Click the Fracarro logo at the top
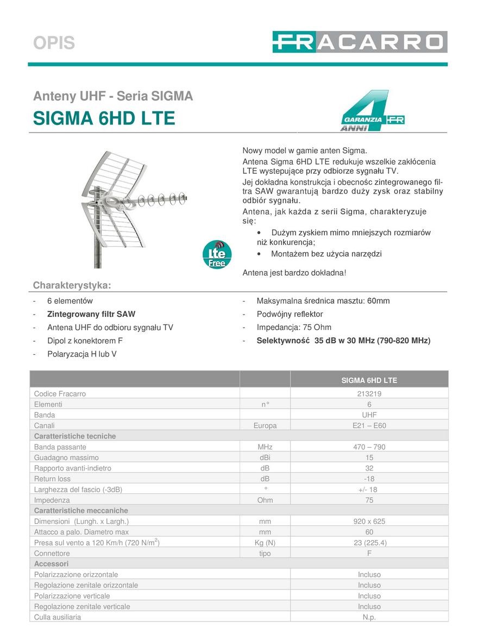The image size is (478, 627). pos(360,42)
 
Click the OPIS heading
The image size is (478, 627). pos(54,43)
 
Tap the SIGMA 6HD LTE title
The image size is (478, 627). pos(104,118)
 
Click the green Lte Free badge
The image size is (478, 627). pos(217,254)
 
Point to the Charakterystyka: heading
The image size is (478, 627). pos(72,285)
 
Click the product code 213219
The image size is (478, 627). pos(369,393)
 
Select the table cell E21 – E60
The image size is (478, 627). pos(369,425)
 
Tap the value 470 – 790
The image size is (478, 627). pos(369,447)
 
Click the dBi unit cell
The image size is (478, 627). pos(265,457)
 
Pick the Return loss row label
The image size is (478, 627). pos(52,479)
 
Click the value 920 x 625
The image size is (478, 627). pos(369,521)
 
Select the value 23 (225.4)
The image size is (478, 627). pos(369,542)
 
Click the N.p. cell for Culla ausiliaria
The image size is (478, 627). pos(369,617)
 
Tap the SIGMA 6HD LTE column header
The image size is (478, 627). pos(369,380)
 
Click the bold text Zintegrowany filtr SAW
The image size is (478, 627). pos(91,314)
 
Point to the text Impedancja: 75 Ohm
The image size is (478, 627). pos(294,327)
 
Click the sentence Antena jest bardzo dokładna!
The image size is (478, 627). pos(294,272)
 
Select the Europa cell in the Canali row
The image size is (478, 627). pos(265,425)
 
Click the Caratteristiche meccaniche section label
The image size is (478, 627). pos(81,510)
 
